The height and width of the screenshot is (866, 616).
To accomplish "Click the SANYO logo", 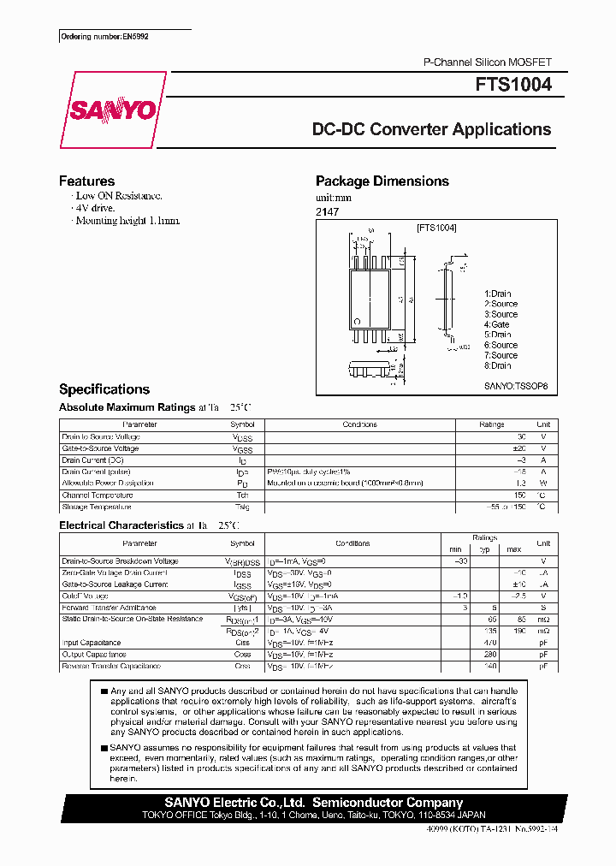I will (112, 110).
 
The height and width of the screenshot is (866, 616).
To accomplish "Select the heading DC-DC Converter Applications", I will (431, 130).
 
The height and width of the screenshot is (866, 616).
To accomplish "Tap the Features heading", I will (86, 181).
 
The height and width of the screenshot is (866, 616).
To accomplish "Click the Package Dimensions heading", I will (382, 181).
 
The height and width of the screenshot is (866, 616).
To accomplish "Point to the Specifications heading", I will (104, 389).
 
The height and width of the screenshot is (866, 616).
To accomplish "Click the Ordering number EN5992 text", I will (92, 37).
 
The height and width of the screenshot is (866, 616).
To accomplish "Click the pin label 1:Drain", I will (497, 294).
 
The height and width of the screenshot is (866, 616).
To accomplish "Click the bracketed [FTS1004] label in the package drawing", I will (436, 228).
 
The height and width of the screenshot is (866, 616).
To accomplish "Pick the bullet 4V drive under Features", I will (94, 208).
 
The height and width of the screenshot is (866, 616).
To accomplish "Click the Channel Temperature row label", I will (98, 495).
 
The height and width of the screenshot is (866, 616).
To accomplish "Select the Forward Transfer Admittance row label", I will (108, 608).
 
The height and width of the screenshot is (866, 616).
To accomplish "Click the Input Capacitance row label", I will (92, 643).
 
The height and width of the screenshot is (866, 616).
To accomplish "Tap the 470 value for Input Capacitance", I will (489, 643).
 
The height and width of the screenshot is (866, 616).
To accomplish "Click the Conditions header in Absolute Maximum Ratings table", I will (359, 424).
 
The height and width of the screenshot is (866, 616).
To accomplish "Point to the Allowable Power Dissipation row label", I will (108, 483).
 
